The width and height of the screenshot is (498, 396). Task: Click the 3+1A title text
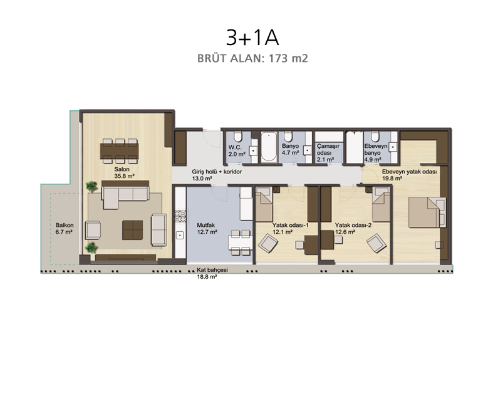pos(252,38)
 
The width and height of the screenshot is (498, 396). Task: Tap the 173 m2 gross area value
pos(288,58)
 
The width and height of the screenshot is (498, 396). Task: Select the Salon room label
pos(122,169)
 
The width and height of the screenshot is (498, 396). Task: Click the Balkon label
pos(65,225)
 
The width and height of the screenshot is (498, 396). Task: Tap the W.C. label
pos(235,147)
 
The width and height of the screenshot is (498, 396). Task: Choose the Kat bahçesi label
pos(212,270)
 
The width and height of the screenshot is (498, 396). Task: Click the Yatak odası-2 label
pos(353,225)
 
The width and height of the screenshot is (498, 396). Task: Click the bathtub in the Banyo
pos(269,147)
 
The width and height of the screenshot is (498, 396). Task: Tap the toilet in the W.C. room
pos(238,137)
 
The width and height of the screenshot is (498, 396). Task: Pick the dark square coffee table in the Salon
pos(133,230)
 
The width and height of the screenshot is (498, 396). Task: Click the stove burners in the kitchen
pos(180,216)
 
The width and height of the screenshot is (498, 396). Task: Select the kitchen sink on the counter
pos(180,236)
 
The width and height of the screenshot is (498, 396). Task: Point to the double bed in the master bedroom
pos(427,212)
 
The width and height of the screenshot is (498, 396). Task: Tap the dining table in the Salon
pos(120,150)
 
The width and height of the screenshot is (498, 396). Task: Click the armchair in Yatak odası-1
pos(267,243)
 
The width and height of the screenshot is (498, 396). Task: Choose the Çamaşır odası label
pos(328,153)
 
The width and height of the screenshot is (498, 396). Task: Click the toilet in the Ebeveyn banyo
pos(375,137)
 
